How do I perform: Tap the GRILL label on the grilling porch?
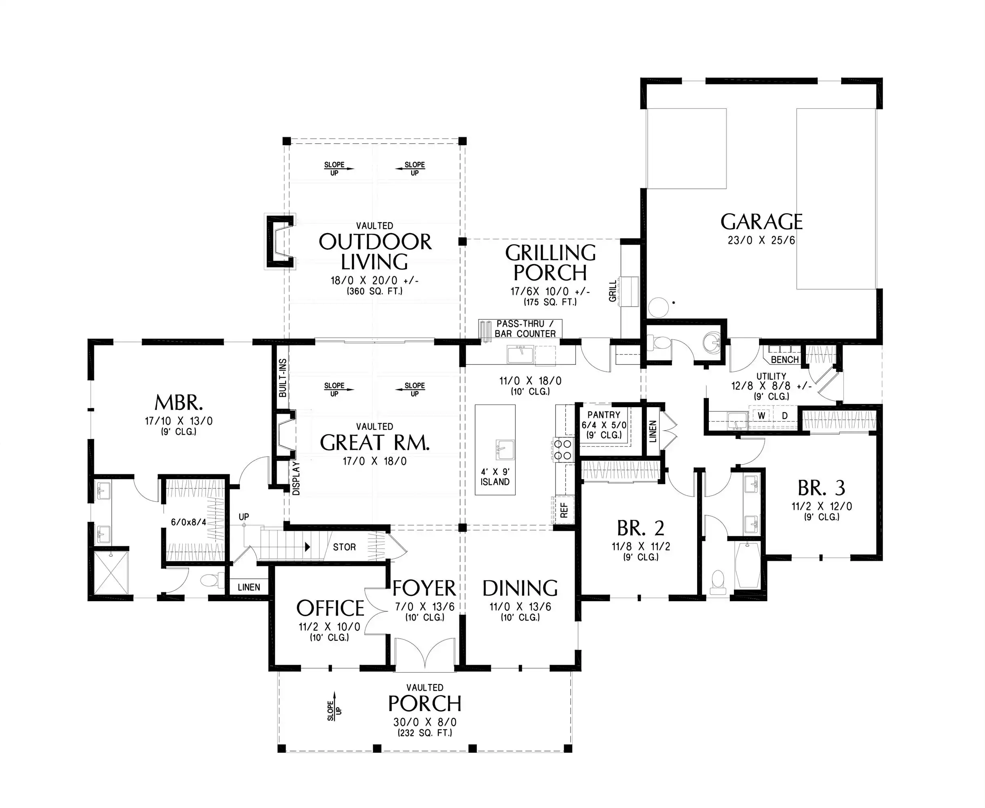click(613, 290)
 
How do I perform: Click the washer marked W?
click(761, 416)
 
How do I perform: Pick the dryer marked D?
click(785, 416)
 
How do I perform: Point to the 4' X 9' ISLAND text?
click(495, 477)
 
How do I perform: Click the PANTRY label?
click(604, 415)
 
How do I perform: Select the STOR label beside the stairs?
click(344, 547)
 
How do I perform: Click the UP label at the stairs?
click(243, 517)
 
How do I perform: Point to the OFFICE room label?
click(330, 608)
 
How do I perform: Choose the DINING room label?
click(520, 588)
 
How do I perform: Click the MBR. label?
click(179, 402)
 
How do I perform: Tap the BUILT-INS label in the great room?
click(282, 378)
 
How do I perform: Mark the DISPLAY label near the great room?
click(296, 478)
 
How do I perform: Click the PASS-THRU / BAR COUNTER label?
click(525, 328)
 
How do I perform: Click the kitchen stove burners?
click(563, 450)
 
